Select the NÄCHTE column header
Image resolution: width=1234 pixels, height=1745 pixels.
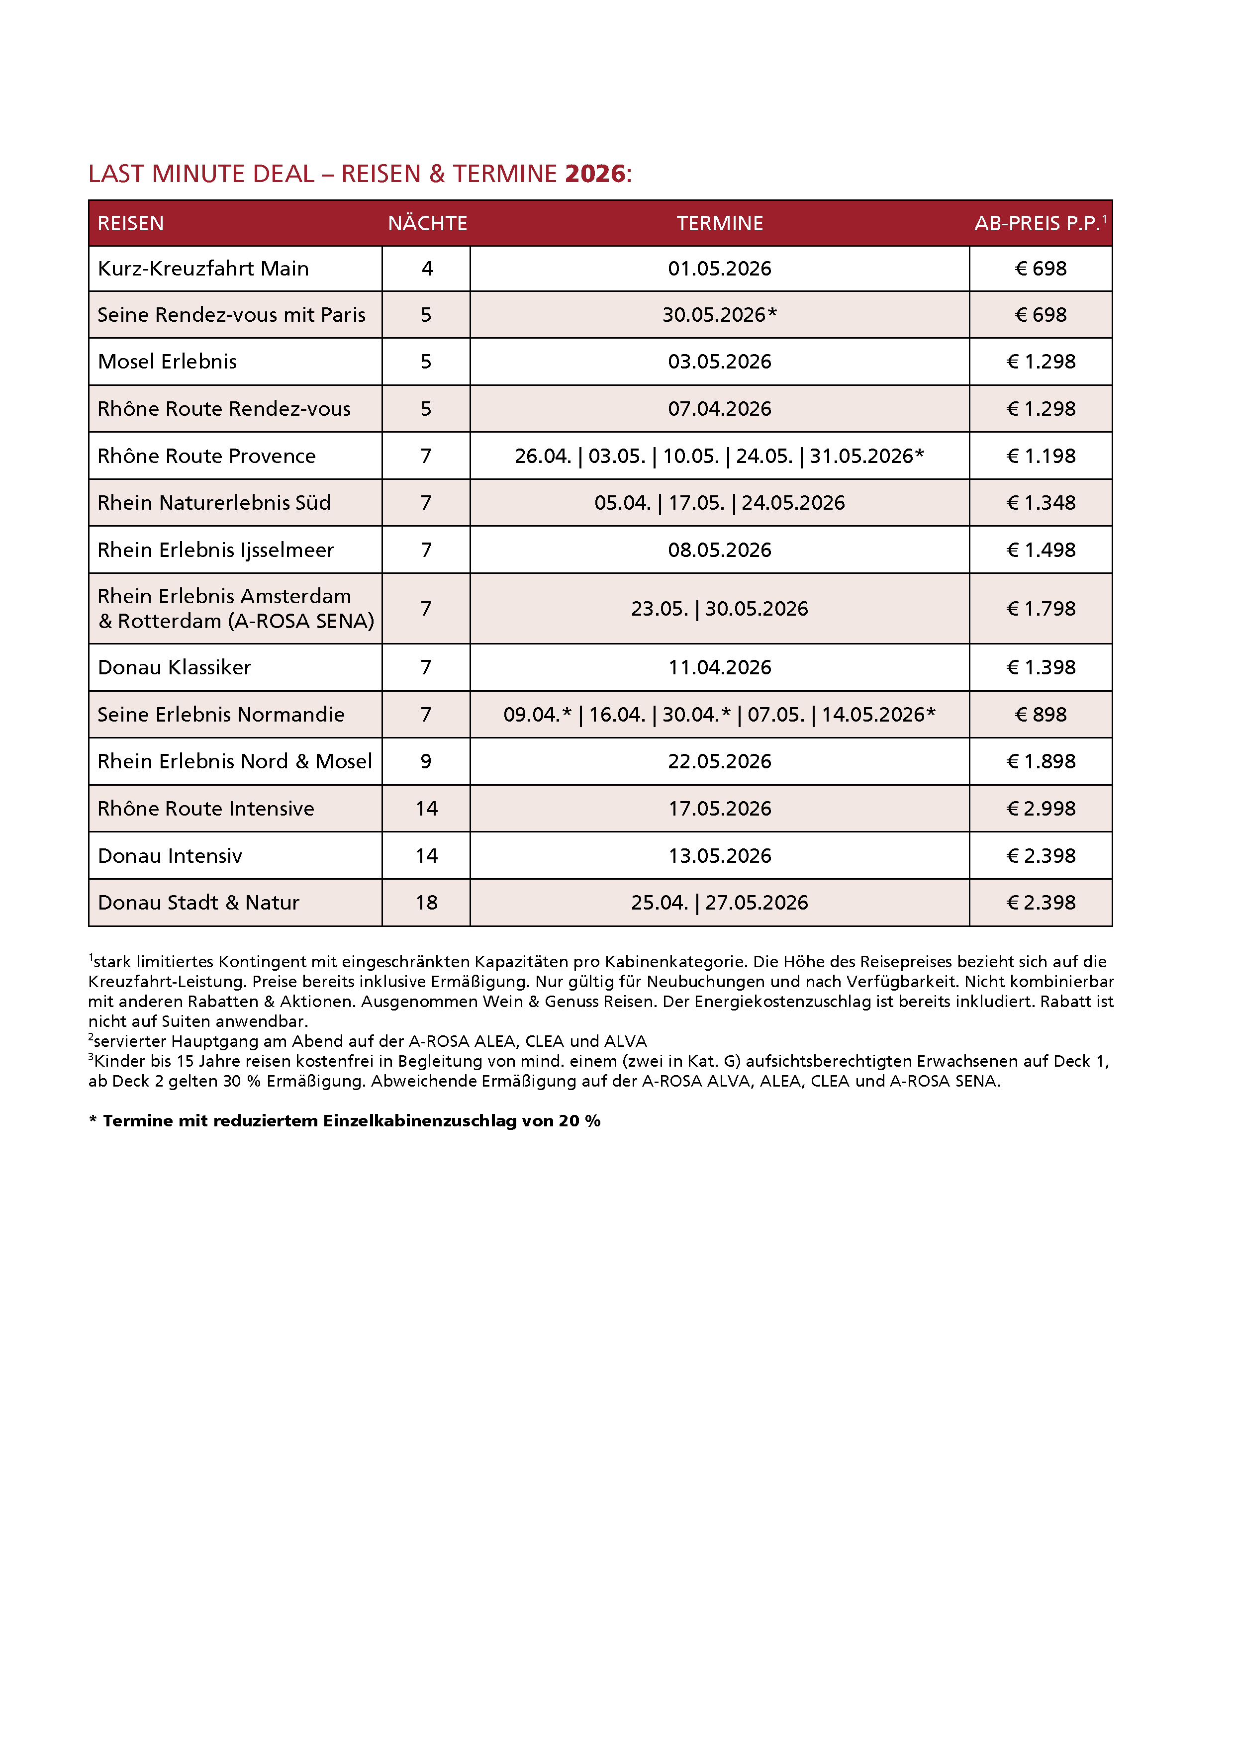427,223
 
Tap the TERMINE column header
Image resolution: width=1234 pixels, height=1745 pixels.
719,223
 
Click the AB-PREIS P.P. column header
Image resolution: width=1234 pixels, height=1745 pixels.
1038,223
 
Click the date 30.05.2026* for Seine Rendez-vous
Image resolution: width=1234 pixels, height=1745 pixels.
719,315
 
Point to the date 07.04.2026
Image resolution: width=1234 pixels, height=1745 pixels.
719,409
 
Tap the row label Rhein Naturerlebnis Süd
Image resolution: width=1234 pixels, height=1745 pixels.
214,503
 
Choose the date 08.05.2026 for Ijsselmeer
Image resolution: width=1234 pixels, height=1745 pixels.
719,550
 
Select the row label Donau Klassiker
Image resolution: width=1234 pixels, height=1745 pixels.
174,667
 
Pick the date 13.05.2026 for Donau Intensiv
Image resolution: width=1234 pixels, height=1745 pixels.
719,856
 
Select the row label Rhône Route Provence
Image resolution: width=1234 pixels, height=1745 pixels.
206,456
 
